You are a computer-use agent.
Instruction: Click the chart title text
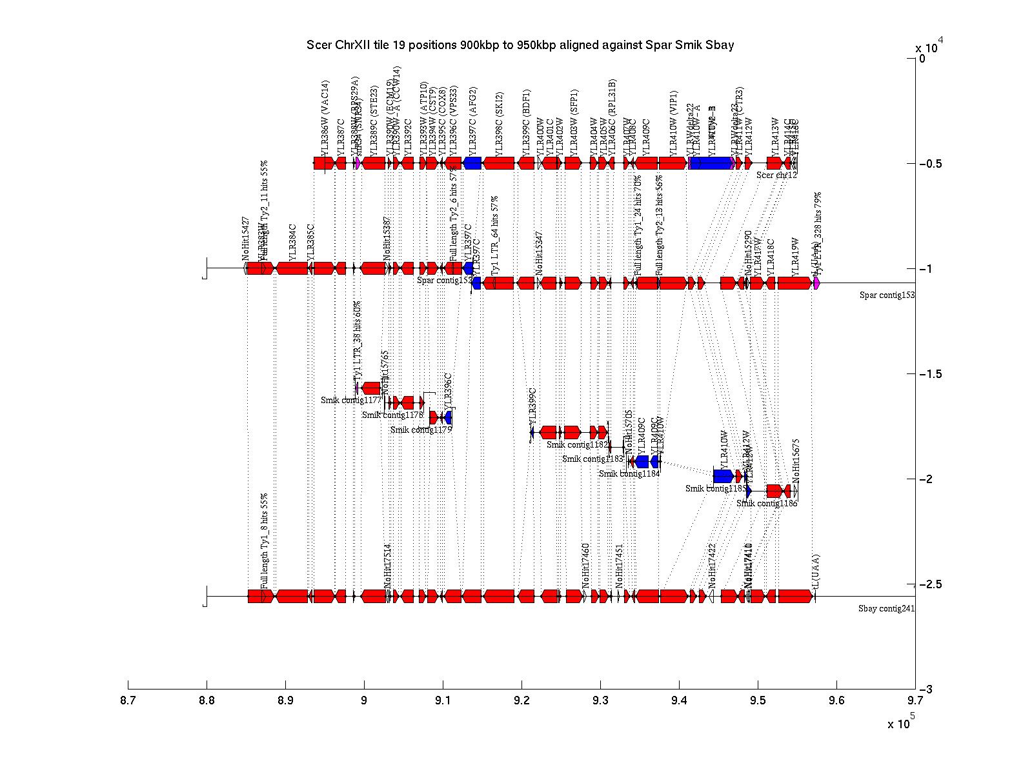(520, 45)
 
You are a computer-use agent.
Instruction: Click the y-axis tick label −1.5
(931, 374)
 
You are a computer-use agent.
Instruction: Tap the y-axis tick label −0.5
(931, 164)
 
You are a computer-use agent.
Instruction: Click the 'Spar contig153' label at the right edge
(887, 295)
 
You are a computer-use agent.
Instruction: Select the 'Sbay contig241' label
(886, 608)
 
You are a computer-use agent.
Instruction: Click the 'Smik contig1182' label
(577, 444)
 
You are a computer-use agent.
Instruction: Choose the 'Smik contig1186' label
(767, 503)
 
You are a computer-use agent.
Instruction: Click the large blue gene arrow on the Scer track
(711, 163)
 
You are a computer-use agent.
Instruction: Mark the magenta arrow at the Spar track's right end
(816, 283)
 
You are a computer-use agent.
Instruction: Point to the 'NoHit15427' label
(246, 238)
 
